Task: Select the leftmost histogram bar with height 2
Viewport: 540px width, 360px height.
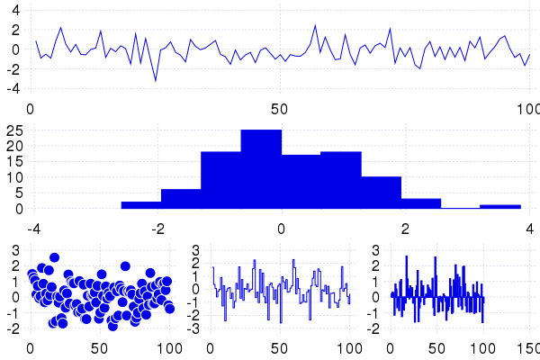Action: tap(141, 205)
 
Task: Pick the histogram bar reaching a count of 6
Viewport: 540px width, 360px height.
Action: tap(181, 199)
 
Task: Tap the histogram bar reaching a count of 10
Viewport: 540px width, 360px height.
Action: tap(381, 193)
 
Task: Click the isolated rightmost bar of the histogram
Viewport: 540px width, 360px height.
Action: tap(500, 207)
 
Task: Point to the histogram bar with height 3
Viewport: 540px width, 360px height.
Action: tap(420, 203)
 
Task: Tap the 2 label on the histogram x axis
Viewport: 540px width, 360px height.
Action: tap(406, 227)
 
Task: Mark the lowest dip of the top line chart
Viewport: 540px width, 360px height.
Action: tap(155, 81)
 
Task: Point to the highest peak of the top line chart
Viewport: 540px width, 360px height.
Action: tap(315, 25)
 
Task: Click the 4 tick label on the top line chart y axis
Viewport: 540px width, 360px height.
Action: tap(14, 8)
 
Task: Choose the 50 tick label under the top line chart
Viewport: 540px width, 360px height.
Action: tap(279, 110)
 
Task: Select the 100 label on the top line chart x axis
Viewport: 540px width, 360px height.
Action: tap(528, 110)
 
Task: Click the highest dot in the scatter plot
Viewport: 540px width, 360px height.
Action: tap(54, 257)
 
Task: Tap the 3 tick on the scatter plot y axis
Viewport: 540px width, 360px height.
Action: tap(15, 249)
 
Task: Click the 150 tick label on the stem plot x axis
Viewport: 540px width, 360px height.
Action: tap(528, 347)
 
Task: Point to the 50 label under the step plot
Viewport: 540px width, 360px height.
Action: tap(280, 347)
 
